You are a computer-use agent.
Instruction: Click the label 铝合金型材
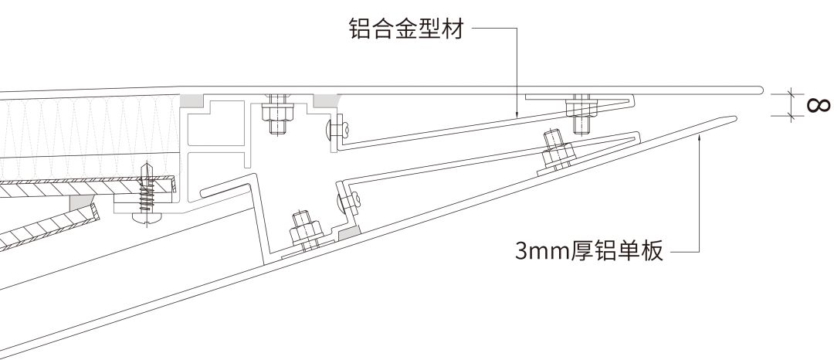coord(406,31)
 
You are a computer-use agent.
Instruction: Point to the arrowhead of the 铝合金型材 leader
coord(516,115)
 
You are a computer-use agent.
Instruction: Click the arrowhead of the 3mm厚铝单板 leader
coord(699,135)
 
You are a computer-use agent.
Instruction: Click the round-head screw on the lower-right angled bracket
coord(346,202)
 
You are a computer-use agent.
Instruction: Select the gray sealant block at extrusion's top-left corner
coord(192,100)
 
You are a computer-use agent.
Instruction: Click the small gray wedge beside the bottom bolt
coord(348,231)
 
